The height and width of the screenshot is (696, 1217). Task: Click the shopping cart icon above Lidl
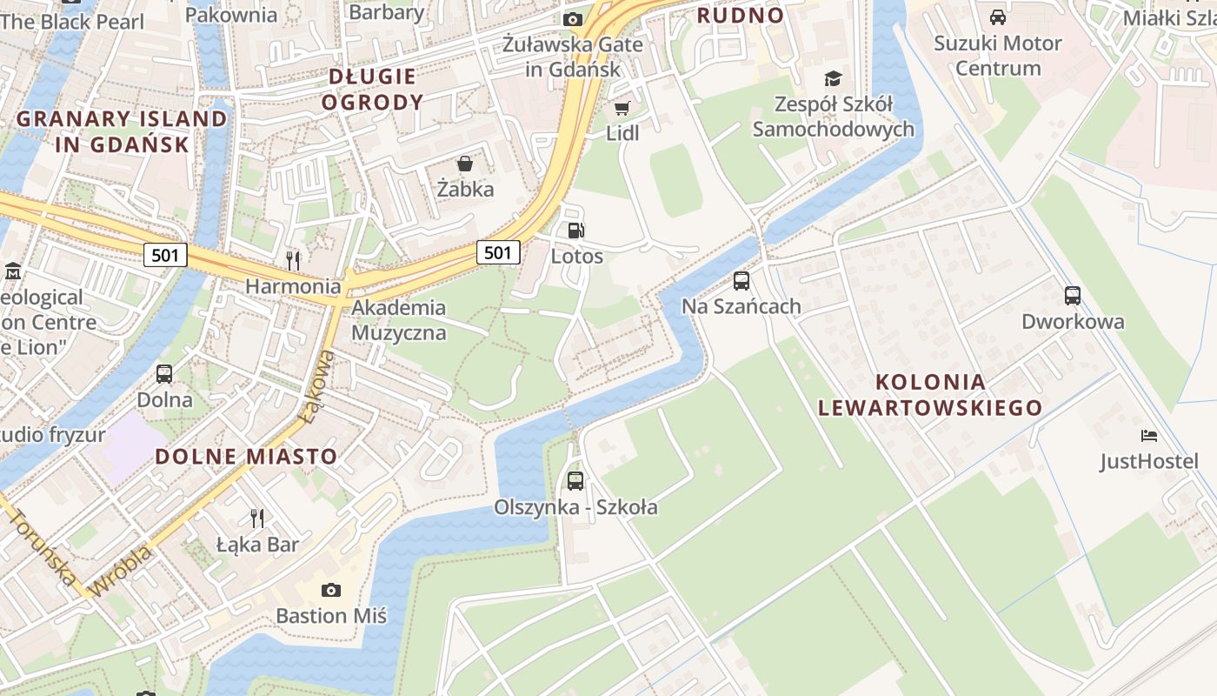click(622, 108)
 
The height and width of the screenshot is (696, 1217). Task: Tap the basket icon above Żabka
click(465, 164)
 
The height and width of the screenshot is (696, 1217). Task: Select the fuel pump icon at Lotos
click(575, 231)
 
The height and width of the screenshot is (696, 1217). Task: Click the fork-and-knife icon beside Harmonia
click(293, 260)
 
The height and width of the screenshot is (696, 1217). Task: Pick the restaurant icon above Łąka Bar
click(257, 519)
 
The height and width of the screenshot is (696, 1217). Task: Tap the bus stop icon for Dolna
click(164, 374)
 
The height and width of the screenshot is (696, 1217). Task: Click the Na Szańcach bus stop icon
click(742, 280)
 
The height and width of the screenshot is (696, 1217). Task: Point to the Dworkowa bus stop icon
click(1073, 295)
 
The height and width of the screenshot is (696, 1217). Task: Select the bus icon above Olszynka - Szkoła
click(575, 480)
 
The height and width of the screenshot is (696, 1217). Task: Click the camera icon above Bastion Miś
click(331, 590)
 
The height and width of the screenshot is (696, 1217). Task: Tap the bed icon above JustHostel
click(1149, 435)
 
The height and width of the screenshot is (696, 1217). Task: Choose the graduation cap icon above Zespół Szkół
click(834, 79)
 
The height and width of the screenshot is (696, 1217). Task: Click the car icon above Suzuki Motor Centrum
click(998, 17)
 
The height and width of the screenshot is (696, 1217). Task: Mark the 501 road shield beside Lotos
click(498, 252)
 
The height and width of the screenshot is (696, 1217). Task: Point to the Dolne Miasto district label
click(246, 457)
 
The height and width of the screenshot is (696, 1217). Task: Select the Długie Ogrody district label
click(372, 90)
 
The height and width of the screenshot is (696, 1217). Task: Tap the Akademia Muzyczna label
click(399, 320)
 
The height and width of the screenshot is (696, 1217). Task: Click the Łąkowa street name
click(316, 386)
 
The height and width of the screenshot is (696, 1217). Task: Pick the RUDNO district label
click(741, 15)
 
